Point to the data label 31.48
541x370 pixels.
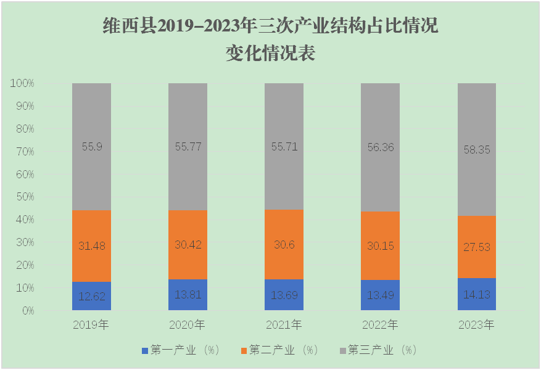tap(91, 245)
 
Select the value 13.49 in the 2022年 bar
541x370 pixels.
tap(380, 295)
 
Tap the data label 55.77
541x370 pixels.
tap(188, 147)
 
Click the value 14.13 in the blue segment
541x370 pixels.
tap(476, 294)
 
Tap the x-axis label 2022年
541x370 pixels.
tap(380, 324)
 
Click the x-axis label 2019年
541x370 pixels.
tap(91, 324)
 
